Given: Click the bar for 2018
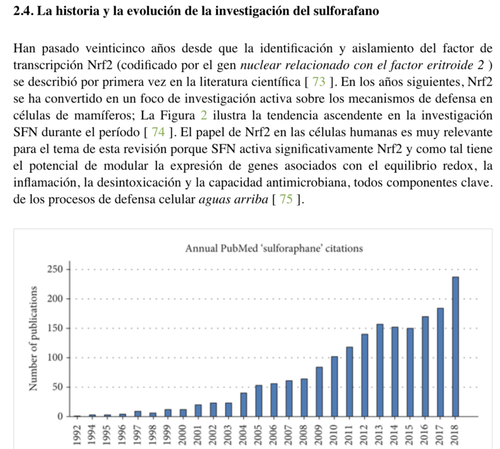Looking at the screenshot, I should pos(455,346).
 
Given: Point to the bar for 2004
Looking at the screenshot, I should pos(243,404).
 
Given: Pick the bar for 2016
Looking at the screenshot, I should pos(425,366).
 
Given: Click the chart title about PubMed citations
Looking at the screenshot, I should pos(274,248).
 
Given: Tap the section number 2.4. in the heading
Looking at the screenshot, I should pos(24,11).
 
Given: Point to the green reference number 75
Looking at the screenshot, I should pos(284,199).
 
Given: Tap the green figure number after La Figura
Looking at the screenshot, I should pos(204,116).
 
